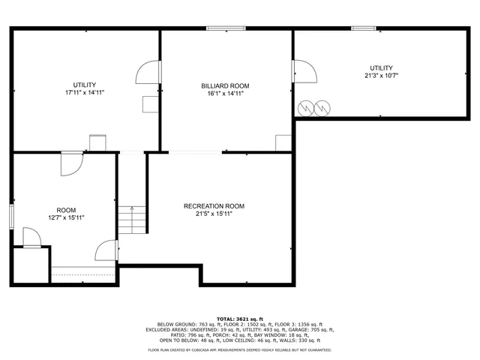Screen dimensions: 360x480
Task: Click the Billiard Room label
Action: pos(225,85)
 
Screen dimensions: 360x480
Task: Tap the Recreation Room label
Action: pos(214,206)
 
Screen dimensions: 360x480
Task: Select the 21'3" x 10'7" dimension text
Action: pos(381,75)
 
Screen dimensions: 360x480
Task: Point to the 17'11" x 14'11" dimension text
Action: pos(84,92)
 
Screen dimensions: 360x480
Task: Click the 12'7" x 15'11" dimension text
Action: pos(66,217)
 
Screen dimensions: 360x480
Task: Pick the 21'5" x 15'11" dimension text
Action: pos(214,214)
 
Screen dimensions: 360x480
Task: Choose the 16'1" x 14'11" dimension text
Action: pos(225,93)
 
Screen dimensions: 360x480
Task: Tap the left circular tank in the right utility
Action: pos(306,109)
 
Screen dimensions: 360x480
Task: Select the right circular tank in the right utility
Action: pos(322,109)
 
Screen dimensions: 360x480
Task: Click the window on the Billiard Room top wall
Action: pos(226,28)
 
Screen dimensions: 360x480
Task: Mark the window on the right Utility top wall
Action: pos(364,28)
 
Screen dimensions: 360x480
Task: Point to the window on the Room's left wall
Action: pos(11,214)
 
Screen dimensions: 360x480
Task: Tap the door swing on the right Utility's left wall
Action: pos(304,72)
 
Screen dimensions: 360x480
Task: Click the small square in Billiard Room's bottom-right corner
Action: pos(283,142)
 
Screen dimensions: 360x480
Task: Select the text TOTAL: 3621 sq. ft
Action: pos(240,319)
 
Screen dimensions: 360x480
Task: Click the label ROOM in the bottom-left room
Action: pos(66,210)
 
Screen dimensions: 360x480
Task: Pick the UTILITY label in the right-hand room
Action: pos(381,67)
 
